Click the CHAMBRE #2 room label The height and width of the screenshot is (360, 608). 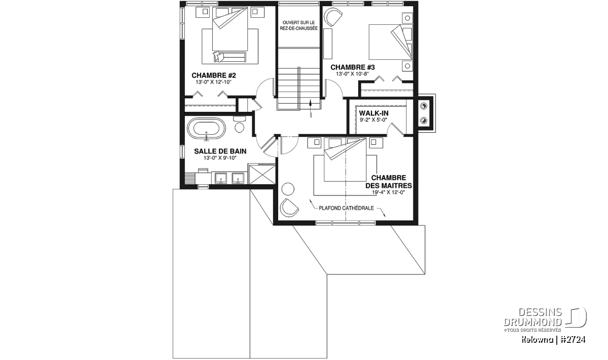coord(214,75)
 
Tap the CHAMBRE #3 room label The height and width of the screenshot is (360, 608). coord(352,67)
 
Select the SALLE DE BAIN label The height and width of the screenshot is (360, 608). coord(220,151)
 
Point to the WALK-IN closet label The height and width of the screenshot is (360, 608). coord(373,113)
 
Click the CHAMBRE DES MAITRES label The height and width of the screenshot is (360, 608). coord(389,182)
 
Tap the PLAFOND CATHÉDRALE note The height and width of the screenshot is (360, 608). coord(346,208)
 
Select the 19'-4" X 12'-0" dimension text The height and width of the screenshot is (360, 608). coord(389,192)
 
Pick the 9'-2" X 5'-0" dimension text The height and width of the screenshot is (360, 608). coord(373,119)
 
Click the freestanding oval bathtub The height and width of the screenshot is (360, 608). coord(207,129)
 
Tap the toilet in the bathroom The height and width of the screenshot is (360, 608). coord(239,125)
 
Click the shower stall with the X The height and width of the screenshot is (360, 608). coord(262,174)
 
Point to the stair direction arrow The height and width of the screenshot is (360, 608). coord(311,108)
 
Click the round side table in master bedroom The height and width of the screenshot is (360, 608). coord(288,189)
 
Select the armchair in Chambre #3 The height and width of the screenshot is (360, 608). coord(333,17)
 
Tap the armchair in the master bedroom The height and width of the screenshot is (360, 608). coord(289,208)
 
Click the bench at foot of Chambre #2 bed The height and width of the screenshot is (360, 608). coord(230,57)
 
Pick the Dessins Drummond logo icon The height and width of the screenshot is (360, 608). coord(576,317)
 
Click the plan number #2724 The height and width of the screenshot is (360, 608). coord(573,340)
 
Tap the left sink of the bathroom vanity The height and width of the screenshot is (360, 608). coord(221,178)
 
